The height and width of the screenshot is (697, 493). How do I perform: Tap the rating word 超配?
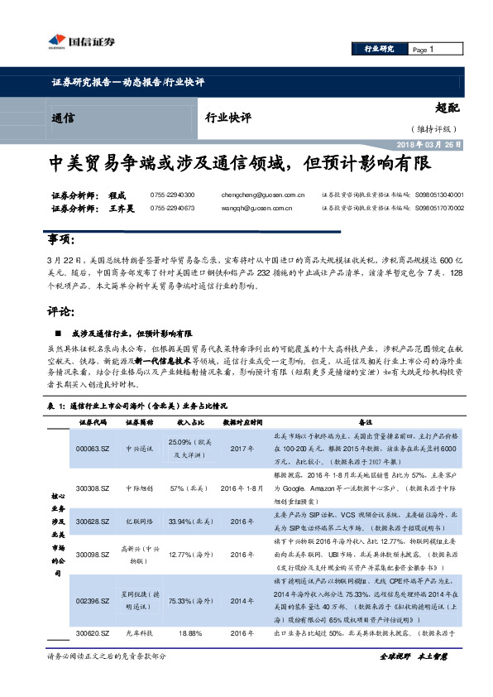447,108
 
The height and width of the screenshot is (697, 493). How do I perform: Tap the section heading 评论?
61,313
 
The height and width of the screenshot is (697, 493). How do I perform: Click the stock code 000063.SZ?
93,448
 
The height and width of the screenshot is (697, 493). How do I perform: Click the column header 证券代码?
93,422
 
